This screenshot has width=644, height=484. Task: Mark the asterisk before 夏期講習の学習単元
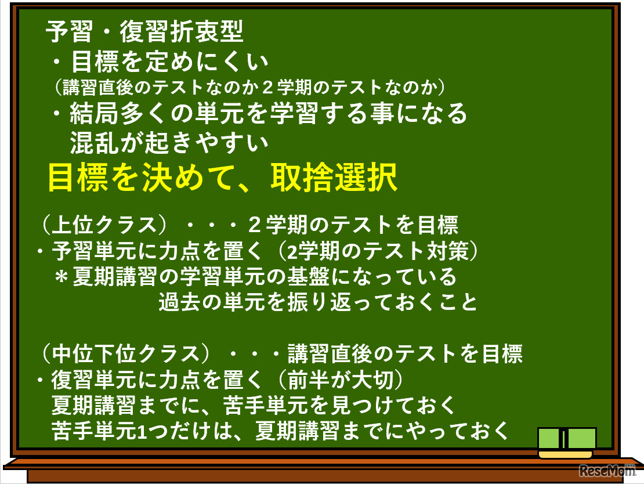tap(61, 277)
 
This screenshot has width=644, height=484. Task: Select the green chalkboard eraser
tap(566, 442)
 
